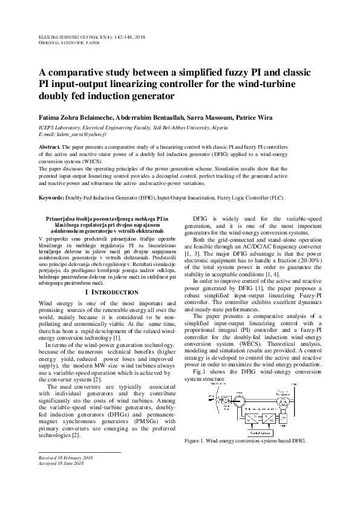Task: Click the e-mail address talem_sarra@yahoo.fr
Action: [x=72, y=135]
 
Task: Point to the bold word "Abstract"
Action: [x=49, y=147]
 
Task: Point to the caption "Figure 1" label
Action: [x=196, y=441]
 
